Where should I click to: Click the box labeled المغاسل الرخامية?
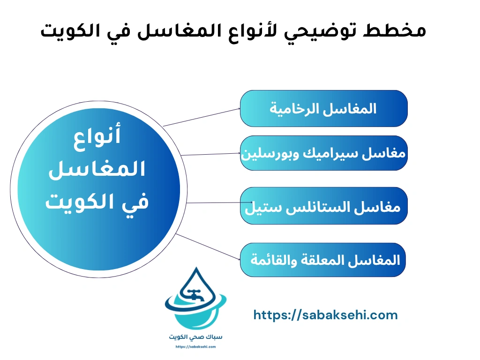(x=323, y=108)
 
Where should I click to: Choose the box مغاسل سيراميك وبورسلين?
(x=323, y=153)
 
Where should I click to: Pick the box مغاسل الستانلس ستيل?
(x=323, y=206)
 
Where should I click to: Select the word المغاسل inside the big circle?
(x=97, y=170)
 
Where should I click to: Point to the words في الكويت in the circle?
(x=97, y=202)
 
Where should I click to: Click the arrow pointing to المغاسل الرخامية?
(x=202, y=117)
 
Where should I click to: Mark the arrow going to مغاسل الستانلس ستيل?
(x=213, y=203)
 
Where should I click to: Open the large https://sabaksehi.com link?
(x=325, y=315)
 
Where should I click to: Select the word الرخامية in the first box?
(x=293, y=109)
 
